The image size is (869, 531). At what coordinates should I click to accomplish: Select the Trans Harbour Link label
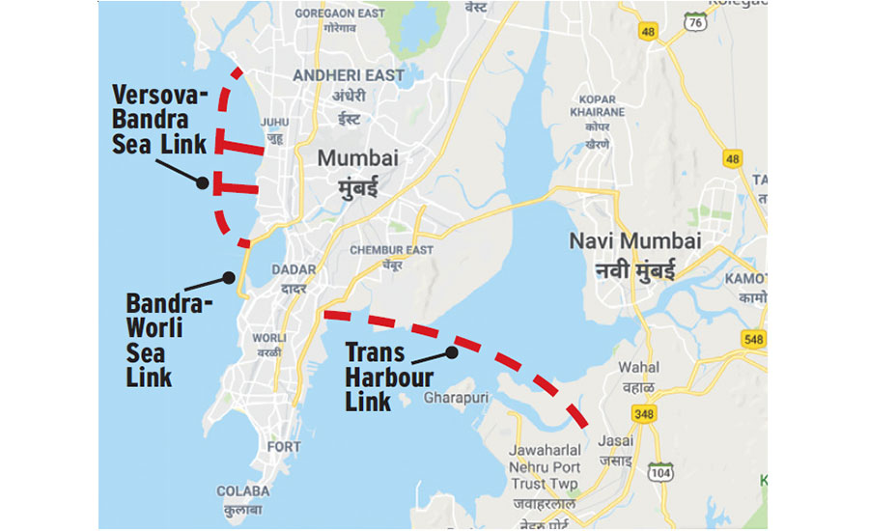click(x=388, y=377)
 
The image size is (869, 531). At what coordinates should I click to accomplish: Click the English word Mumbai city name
click(x=358, y=157)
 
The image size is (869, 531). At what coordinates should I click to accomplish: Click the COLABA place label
click(x=238, y=489)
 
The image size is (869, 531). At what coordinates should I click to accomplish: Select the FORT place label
click(x=284, y=447)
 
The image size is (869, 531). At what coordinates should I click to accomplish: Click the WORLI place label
click(x=268, y=338)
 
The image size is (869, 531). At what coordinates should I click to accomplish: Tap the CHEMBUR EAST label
click(x=392, y=250)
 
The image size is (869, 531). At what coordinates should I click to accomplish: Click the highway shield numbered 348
click(x=644, y=414)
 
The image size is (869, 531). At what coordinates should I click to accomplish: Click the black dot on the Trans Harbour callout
click(x=451, y=351)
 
